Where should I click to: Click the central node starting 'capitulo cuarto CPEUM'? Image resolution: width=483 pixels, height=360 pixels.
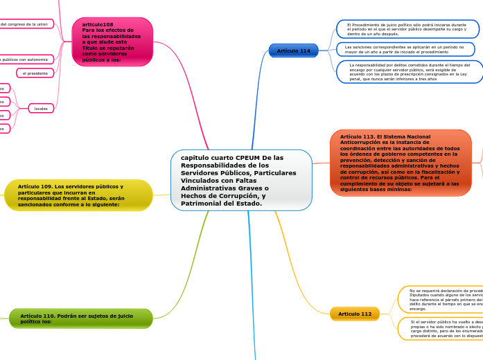(x=241, y=180)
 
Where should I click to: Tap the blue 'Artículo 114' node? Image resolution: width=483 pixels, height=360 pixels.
(x=293, y=51)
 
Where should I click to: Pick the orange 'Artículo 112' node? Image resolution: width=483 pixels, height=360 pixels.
(x=355, y=314)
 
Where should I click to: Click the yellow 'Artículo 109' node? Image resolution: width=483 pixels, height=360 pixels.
(x=78, y=195)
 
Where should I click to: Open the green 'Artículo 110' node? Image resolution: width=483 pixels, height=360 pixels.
(x=80, y=318)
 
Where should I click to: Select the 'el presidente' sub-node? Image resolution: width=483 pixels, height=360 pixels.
(x=35, y=73)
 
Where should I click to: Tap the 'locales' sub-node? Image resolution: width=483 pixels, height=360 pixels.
(x=41, y=108)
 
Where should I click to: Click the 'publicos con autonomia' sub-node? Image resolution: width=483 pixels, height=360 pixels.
(x=26, y=60)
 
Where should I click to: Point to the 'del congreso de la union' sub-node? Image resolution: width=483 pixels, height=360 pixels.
(x=26, y=24)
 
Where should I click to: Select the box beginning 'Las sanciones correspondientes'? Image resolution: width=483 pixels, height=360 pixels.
(x=405, y=49)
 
